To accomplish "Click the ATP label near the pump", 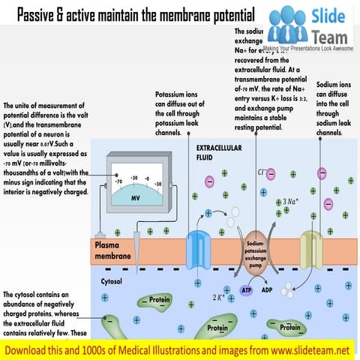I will point(246,289).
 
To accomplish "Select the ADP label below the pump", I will point(268,289).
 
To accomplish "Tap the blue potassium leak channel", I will point(199,247).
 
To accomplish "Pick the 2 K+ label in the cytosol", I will point(220,297).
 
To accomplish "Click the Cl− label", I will point(262,174).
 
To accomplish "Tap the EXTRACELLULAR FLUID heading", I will point(220,153).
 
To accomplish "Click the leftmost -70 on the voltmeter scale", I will point(118,181).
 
